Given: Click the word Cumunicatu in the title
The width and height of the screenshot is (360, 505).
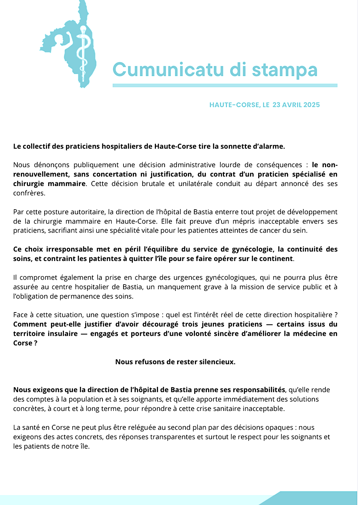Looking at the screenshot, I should [x=168, y=69].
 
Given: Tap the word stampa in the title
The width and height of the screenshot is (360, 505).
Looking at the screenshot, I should [x=285, y=70].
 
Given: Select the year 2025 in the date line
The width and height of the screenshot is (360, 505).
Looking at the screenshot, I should [x=312, y=105].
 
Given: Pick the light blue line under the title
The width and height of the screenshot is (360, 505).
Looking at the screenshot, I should [x=225, y=85].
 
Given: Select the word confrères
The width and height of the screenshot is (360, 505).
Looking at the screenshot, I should [x=29, y=193].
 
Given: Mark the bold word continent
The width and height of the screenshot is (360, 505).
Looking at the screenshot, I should [x=275, y=259].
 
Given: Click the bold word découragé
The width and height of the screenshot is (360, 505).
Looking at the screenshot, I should [x=161, y=324].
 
